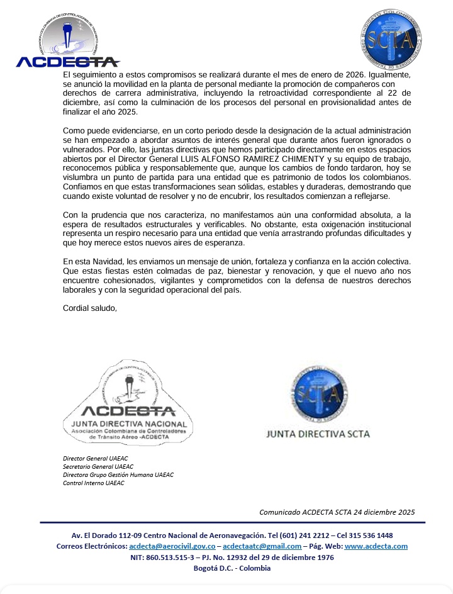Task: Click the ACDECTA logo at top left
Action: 67,41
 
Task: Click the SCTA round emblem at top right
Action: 394,40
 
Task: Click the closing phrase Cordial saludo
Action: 90,308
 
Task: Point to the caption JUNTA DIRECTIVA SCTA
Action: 318,434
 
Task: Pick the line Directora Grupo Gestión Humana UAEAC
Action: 118,474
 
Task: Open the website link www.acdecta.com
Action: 376,546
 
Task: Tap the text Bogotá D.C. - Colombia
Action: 232,568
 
